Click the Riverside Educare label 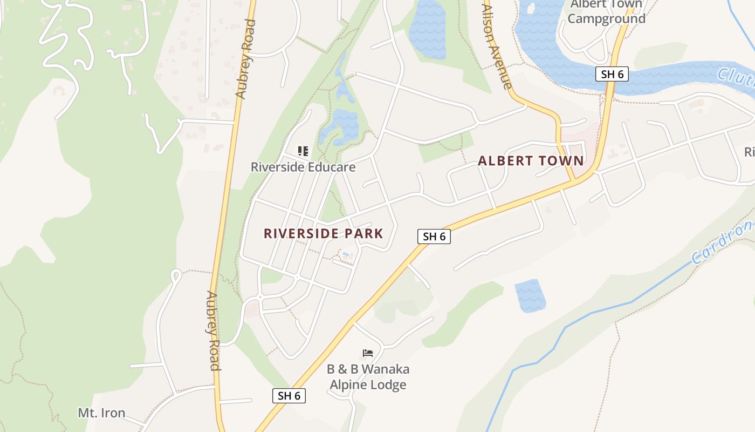(303, 167)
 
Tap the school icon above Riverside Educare (303, 151)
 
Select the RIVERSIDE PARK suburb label (323, 233)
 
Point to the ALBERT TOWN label (531, 160)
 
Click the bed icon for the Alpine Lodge (368, 354)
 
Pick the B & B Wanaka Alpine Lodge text (368, 377)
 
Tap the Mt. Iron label (101, 413)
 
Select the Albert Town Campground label (607, 12)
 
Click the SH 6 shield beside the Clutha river (612, 74)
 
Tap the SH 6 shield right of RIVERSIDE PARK (434, 236)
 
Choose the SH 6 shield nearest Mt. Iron (289, 395)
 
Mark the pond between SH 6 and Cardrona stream (530, 295)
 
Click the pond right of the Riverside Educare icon (340, 127)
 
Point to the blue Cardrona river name (723, 241)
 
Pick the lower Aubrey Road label (213, 330)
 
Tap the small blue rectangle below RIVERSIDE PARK (346, 254)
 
